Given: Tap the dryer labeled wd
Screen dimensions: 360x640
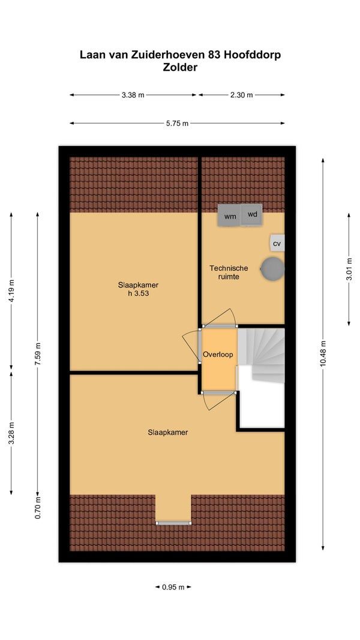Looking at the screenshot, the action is click(252, 214).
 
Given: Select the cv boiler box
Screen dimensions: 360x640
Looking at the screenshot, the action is click(277, 243).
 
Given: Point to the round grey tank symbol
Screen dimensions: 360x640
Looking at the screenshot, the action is click(272, 268).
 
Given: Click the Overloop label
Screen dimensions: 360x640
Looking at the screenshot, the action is click(218, 354).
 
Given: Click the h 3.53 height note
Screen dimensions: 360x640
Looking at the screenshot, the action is click(138, 293).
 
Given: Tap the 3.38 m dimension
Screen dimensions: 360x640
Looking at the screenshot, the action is click(133, 95).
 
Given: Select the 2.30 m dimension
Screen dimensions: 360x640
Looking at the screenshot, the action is click(241, 95).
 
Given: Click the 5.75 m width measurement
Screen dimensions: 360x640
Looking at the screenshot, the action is click(178, 123).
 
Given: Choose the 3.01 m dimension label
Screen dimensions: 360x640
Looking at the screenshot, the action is click(349, 270).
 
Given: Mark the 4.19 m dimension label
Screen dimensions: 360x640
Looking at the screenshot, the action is click(11, 290).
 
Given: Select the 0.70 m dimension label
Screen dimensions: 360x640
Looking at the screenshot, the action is click(38, 507).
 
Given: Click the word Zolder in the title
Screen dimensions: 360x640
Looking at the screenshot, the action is click(180, 67).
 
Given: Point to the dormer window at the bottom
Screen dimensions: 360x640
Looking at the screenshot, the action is click(173, 523).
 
